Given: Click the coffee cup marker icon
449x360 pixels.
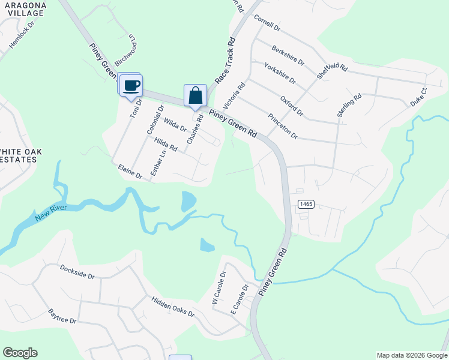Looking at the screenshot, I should pyautogui.click(x=131, y=85).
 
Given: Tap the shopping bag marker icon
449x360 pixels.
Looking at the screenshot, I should pyautogui.click(x=195, y=95).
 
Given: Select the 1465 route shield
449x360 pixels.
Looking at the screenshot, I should pyautogui.click(x=306, y=205).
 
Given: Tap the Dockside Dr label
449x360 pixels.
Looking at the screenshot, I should pyautogui.click(x=77, y=273).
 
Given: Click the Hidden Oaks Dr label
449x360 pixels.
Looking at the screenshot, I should pyautogui.click(x=173, y=306).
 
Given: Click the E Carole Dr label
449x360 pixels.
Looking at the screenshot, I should pyautogui.click(x=239, y=299).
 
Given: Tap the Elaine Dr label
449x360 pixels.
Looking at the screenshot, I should pyautogui.click(x=130, y=171).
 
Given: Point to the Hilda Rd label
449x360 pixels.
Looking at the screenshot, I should pyautogui.click(x=166, y=144).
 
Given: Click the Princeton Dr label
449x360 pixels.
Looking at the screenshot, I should pyautogui.click(x=283, y=126).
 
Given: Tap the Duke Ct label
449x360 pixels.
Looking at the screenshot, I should pyautogui.click(x=418, y=97).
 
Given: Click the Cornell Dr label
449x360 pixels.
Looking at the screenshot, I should pyautogui.click(x=267, y=23).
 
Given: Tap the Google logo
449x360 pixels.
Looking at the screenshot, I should pyautogui.click(x=20, y=353).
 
